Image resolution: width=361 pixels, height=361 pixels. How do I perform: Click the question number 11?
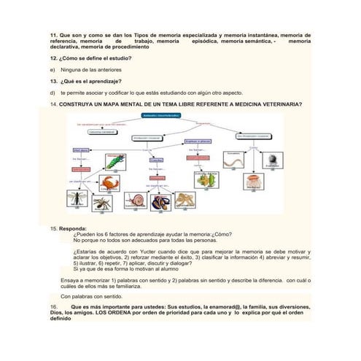tap(53, 36)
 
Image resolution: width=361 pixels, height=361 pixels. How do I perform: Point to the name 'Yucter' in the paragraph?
tap(155, 252)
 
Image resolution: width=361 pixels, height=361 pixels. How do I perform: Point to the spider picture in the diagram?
tap(102, 202)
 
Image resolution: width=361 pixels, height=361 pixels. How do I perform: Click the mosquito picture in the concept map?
tap(75, 198)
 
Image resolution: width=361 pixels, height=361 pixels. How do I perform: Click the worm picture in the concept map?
tap(235, 159)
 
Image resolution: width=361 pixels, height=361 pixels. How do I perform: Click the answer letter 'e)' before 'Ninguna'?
tap(51, 69)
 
